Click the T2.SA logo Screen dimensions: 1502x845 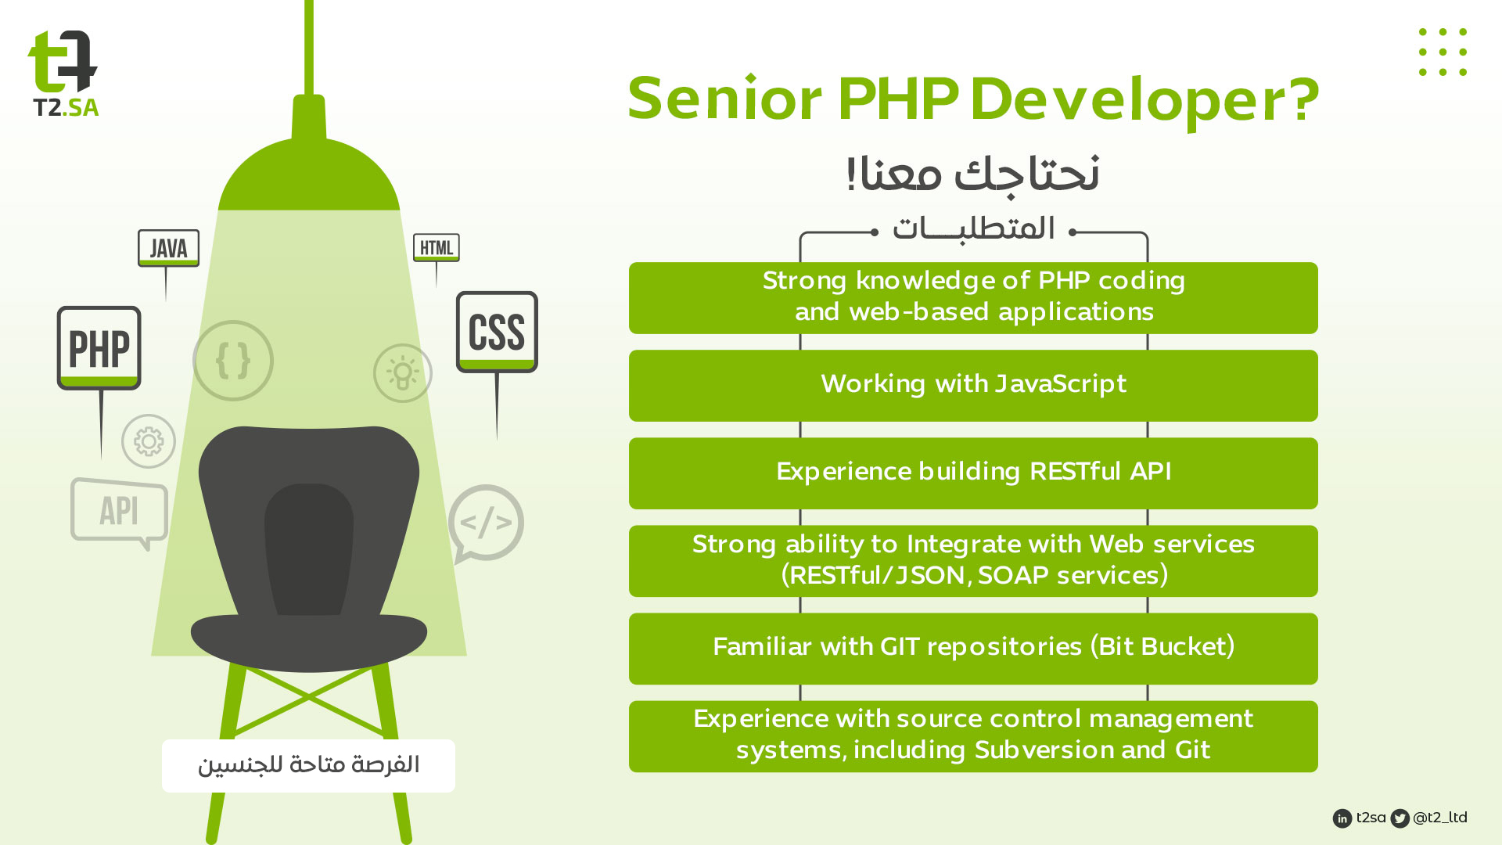tap(63, 74)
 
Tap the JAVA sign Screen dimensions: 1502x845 tap(168, 248)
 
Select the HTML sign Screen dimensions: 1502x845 tap(437, 248)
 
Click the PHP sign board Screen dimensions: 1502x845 tap(99, 348)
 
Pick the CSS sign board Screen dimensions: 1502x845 tap(497, 332)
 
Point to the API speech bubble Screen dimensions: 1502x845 tap(119, 511)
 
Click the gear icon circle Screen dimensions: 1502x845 tap(149, 441)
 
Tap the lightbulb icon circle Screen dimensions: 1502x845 tap(403, 373)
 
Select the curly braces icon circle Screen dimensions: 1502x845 tap(233, 361)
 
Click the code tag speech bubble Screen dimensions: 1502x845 tap(487, 522)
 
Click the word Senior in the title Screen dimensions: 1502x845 tap(725, 99)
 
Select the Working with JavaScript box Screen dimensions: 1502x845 tap(973, 386)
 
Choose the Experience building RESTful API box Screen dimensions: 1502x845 tap(973, 473)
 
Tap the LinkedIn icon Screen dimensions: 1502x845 tap(1342, 818)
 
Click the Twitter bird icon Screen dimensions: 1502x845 tap(1400, 818)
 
